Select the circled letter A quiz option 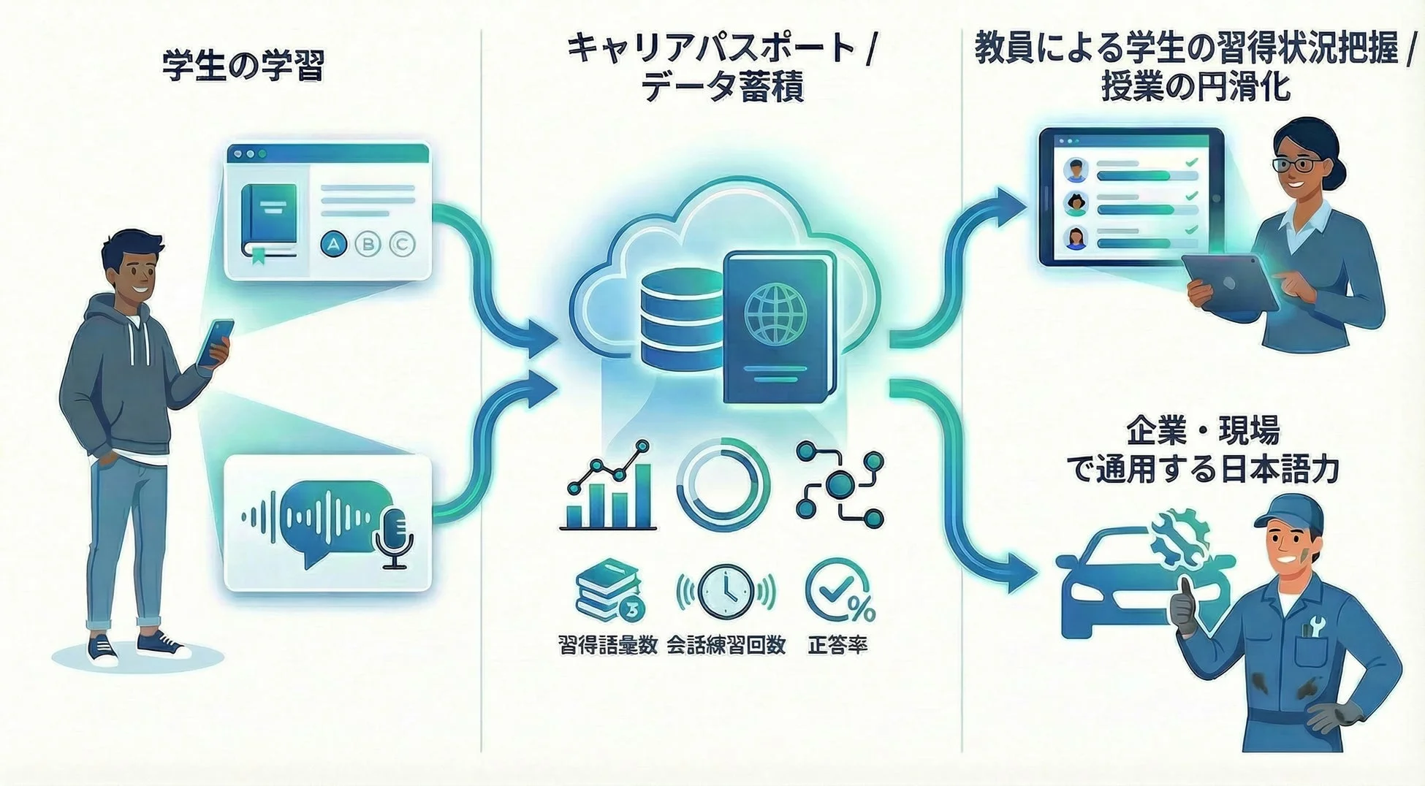pos(334,244)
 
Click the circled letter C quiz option pos(402,244)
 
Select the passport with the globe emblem pos(778,327)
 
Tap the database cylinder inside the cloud pos(681,320)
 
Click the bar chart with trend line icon pos(608,485)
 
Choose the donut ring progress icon pos(722,485)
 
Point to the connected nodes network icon pos(839,485)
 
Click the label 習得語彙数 pos(607,645)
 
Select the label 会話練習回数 pos(726,645)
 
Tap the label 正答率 pos(837,645)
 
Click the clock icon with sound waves pos(726,591)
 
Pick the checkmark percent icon pos(839,591)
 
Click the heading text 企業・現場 pos(1203,430)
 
